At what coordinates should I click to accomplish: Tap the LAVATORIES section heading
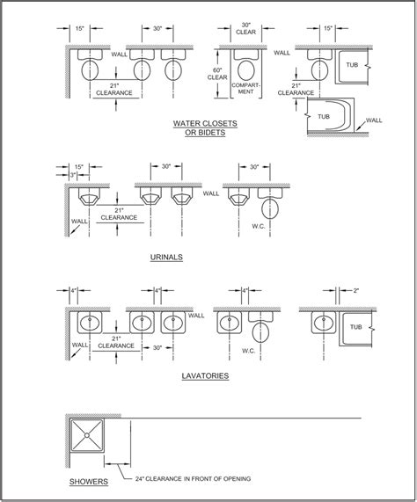coord(207,375)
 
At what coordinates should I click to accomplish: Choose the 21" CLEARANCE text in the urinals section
coord(118,215)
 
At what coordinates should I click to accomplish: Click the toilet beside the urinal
coord(272,207)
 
